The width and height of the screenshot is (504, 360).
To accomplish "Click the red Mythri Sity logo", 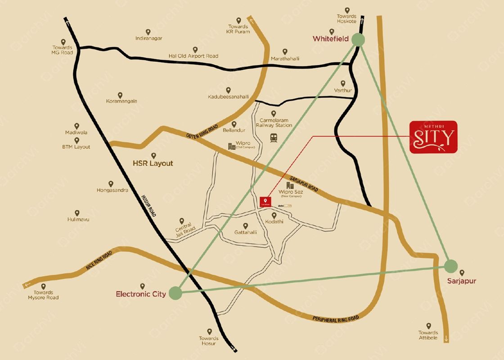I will pyautogui.click(x=433, y=137).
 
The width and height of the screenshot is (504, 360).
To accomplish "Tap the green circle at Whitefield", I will pyautogui.click(x=358, y=40).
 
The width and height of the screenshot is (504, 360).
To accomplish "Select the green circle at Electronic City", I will pyautogui.click(x=175, y=293).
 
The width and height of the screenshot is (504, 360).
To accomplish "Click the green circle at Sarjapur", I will pyautogui.click(x=451, y=266).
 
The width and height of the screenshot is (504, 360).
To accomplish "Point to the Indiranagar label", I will pyautogui.click(x=148, y=38).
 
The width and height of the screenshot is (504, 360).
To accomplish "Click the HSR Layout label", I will pyautogui.click(x=153, y=163).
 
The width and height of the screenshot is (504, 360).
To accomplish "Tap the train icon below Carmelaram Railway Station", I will pyautogui.click(x=273, y=138).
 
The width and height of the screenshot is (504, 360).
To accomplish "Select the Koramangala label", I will pyautogui.click(x=121, y=101).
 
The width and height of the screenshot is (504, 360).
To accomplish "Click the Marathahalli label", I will pyautogui.click(x=285, y=59).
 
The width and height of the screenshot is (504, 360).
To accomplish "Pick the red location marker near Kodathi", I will pyautogui.click(x=265, y=202).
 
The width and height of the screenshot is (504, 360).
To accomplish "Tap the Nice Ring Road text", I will pyautogui.click(x=99, y=261).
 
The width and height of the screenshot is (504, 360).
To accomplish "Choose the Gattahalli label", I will pyautogui.click(x=246, y=232).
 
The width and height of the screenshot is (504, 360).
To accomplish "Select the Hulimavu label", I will pyautogui.click(x=77, y=219).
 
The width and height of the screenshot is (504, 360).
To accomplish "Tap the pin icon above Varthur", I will pyautogui.click(x=343, y=83).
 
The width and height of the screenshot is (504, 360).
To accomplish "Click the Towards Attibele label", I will pyautogui.click(x=428, y=335).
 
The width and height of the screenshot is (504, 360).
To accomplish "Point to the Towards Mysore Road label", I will pyautogui.click(x=43, y=295).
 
